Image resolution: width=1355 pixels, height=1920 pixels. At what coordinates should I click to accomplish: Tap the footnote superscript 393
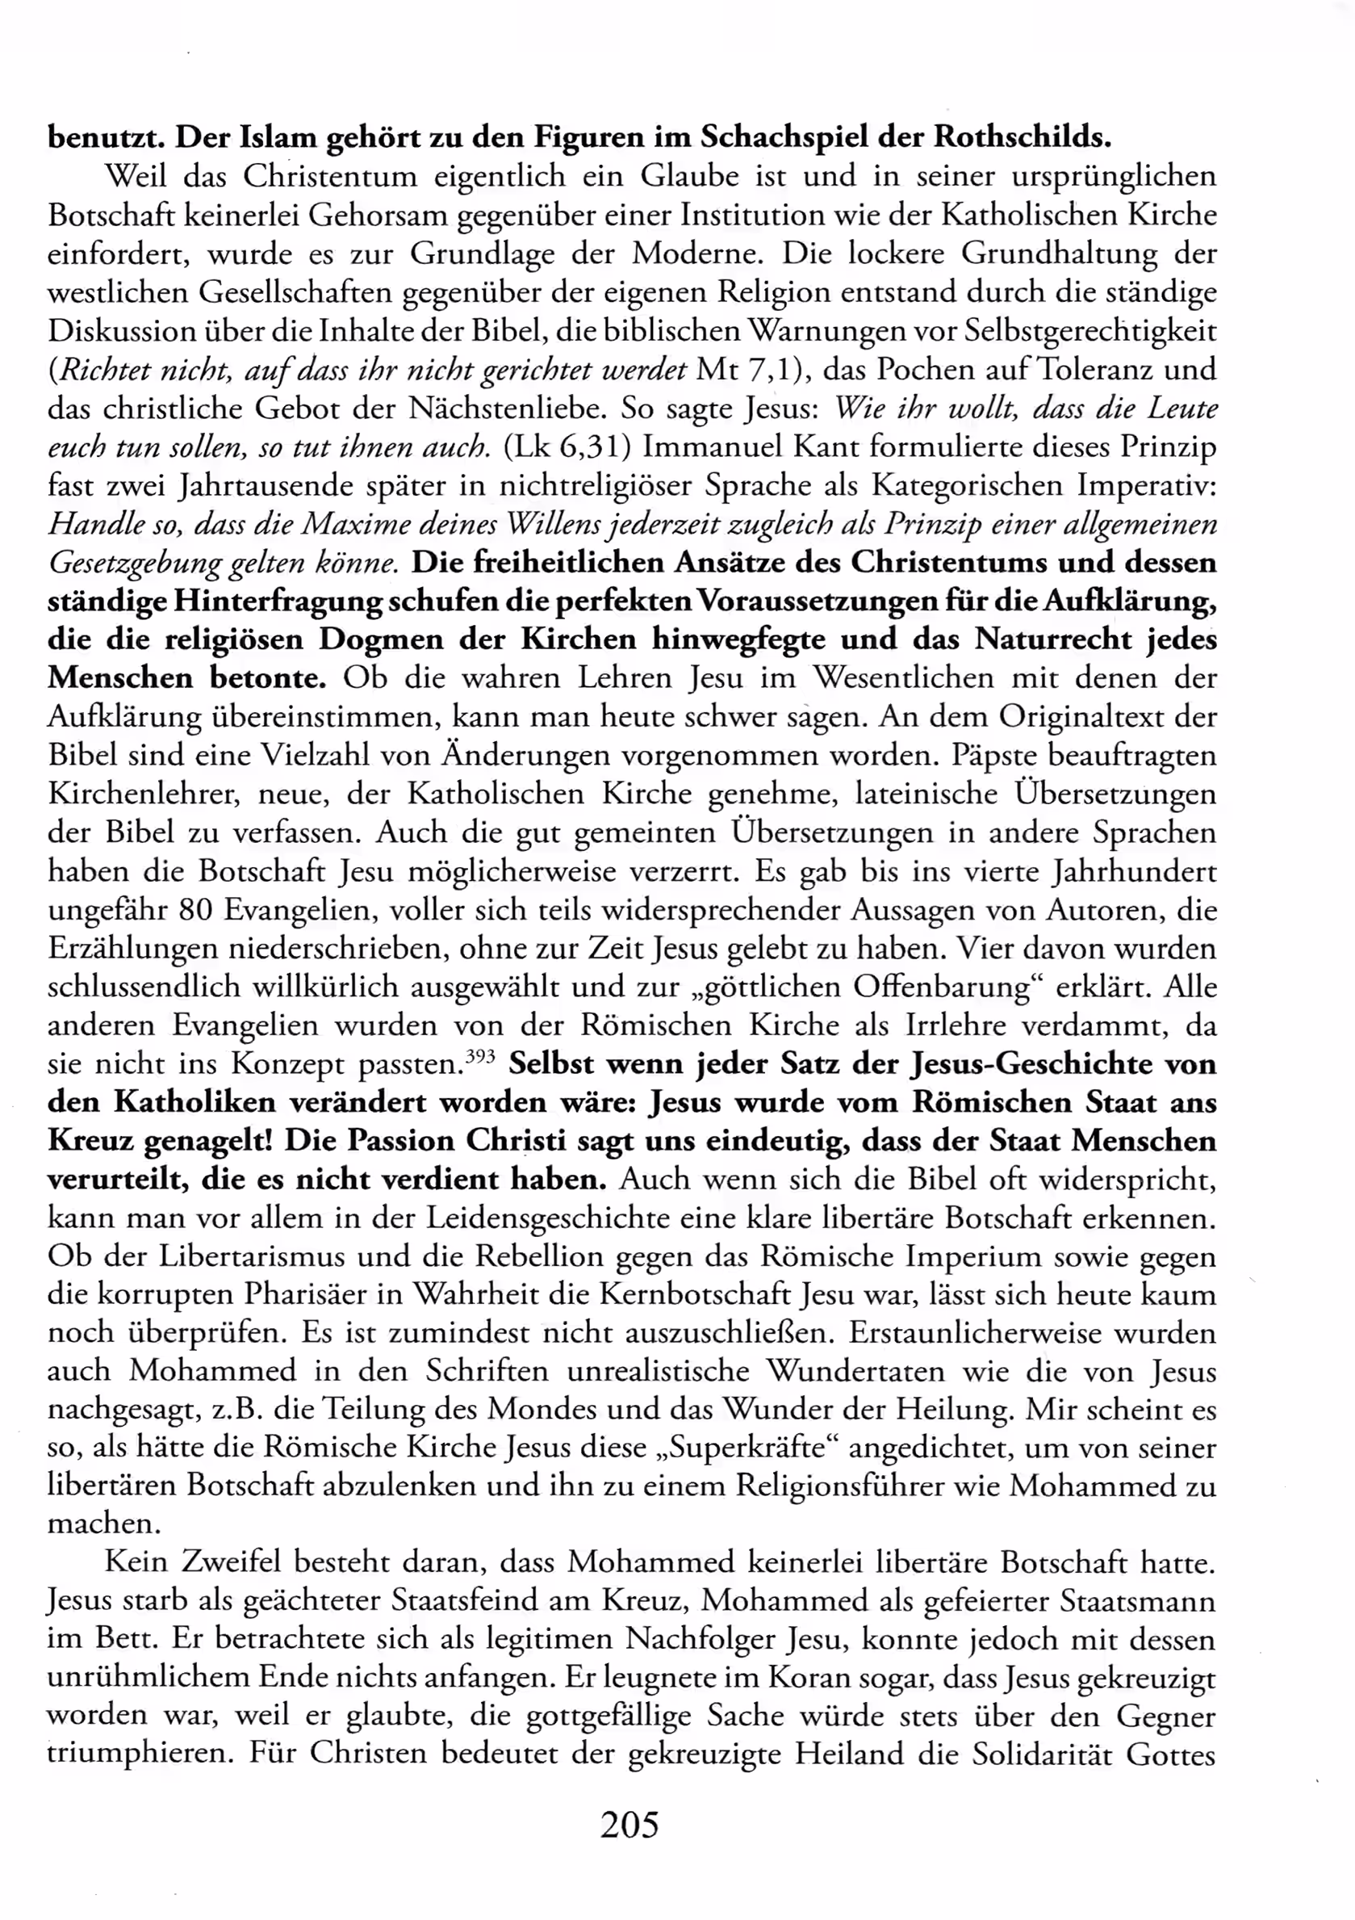[x=480, y=1056]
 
